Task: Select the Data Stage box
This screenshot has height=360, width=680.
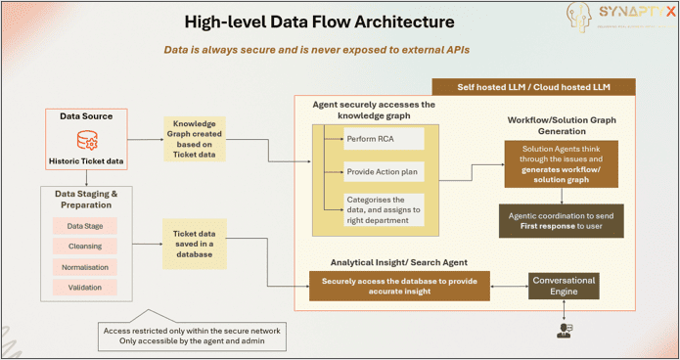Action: coord(85,225)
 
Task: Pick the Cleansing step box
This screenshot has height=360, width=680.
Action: coord(85,246)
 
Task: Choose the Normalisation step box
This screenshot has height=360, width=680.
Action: coord(85,266)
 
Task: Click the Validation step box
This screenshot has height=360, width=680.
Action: coord(85,288)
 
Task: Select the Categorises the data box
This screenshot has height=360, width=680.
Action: coord(384,208)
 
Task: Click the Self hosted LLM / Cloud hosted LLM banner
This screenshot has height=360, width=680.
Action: coord(532,87)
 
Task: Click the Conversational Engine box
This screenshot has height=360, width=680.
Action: coord(563,286)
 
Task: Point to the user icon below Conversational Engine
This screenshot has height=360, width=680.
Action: coord(564,329)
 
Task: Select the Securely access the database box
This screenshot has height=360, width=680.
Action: coord(400,287)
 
